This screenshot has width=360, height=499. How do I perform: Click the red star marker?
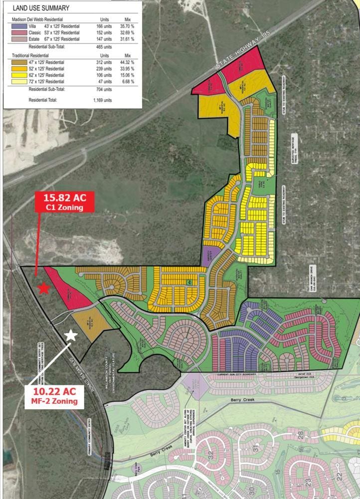(44, 288)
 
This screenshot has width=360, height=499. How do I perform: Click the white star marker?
(71, 335)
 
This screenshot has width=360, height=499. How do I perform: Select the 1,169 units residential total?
(102, 100)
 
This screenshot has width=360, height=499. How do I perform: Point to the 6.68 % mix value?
(129, 81)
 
